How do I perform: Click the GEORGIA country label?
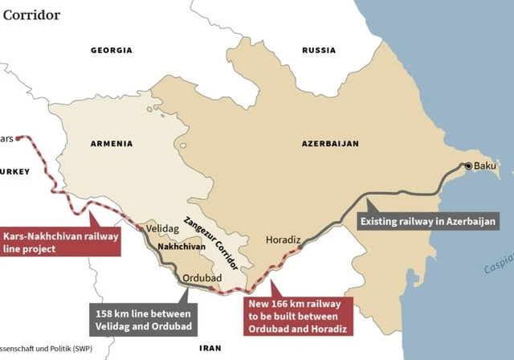(x=111, y=51)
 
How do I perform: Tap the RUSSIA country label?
(x=319, y=51)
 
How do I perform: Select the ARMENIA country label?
(x=112, y=144)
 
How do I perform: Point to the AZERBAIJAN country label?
(x=330, y=144)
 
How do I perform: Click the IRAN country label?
(x=210, y=349)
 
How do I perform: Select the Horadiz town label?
(x=282, y=239)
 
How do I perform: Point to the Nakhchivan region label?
(x=177, y=247)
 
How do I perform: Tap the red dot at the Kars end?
(x=18, y=138)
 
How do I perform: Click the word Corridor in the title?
(x=30, y=14)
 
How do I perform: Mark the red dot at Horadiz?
(x=300, y=248)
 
